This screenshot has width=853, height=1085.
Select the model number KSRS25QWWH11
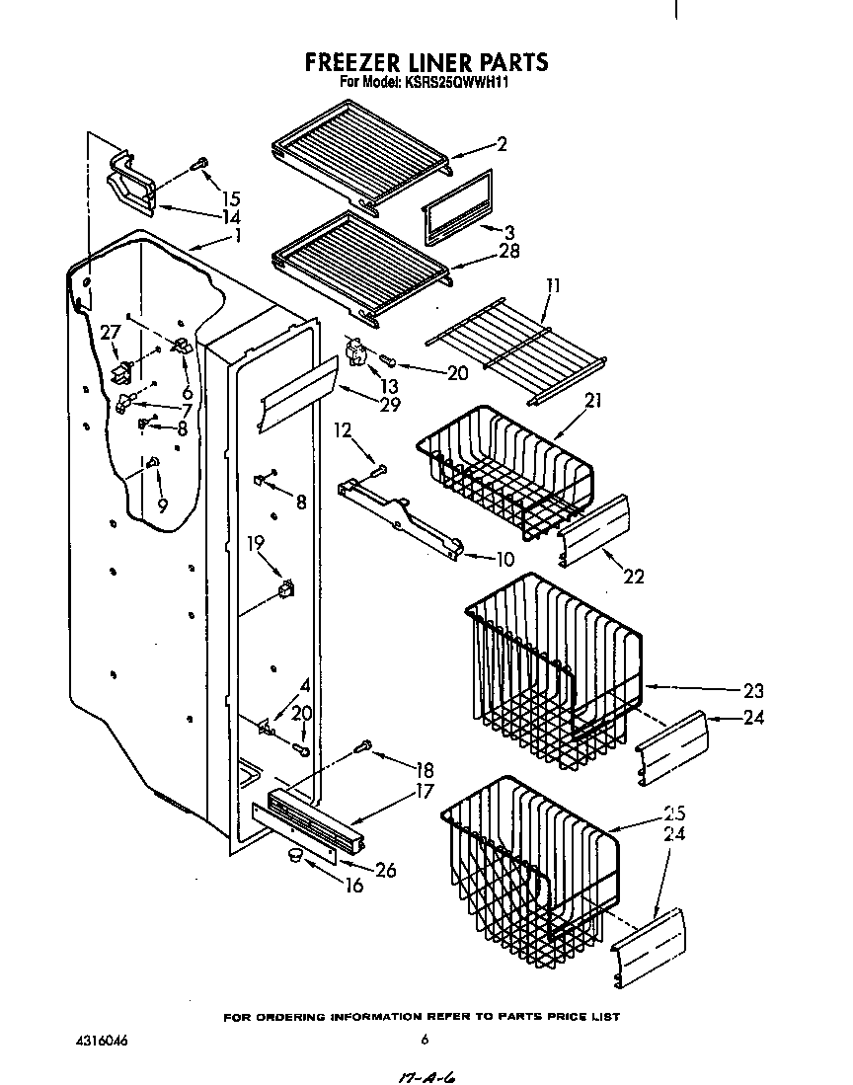456,83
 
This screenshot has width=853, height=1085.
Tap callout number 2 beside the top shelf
502,144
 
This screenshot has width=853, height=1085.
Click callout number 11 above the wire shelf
553,286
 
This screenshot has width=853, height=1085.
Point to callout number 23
752,691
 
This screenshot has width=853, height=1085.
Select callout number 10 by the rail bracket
503,559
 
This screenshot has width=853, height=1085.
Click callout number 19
256,542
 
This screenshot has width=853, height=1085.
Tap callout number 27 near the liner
109,333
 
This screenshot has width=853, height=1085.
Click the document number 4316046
100,1040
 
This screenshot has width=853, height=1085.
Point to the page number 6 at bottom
424,1039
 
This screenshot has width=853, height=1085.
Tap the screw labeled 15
201,162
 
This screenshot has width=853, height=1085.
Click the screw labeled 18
362,747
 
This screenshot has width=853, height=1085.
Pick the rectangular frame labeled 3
457,206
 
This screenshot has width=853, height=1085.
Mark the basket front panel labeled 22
594,531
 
